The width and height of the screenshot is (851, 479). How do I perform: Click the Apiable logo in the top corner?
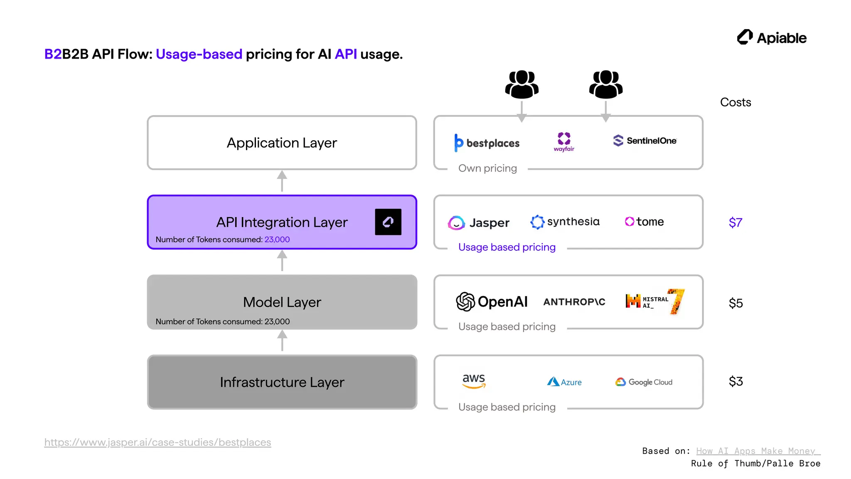771,37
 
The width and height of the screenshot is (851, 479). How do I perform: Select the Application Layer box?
282,143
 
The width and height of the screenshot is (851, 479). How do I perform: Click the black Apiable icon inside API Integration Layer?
388,222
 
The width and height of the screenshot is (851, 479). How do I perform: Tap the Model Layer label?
282,302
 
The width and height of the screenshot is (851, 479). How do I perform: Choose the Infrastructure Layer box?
282,382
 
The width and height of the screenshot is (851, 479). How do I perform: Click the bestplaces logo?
487,143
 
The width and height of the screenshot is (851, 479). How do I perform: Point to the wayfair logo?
564,142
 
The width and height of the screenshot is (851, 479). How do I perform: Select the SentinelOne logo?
644,141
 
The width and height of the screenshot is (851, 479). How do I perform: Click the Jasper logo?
478,222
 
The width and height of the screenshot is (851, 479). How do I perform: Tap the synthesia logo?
565,222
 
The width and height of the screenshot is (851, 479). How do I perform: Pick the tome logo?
644,222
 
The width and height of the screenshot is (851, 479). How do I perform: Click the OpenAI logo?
492,301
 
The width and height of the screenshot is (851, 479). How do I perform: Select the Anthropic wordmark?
574,302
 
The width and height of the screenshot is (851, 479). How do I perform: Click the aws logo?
474,380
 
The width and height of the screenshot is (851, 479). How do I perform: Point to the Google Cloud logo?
644,382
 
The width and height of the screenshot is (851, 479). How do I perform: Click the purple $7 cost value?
735,222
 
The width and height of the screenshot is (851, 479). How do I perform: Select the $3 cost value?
735,381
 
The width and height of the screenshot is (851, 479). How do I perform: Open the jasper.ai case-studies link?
157,442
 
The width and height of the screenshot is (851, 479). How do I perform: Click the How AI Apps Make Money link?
758,451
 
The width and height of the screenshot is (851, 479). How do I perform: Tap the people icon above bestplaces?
521,84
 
